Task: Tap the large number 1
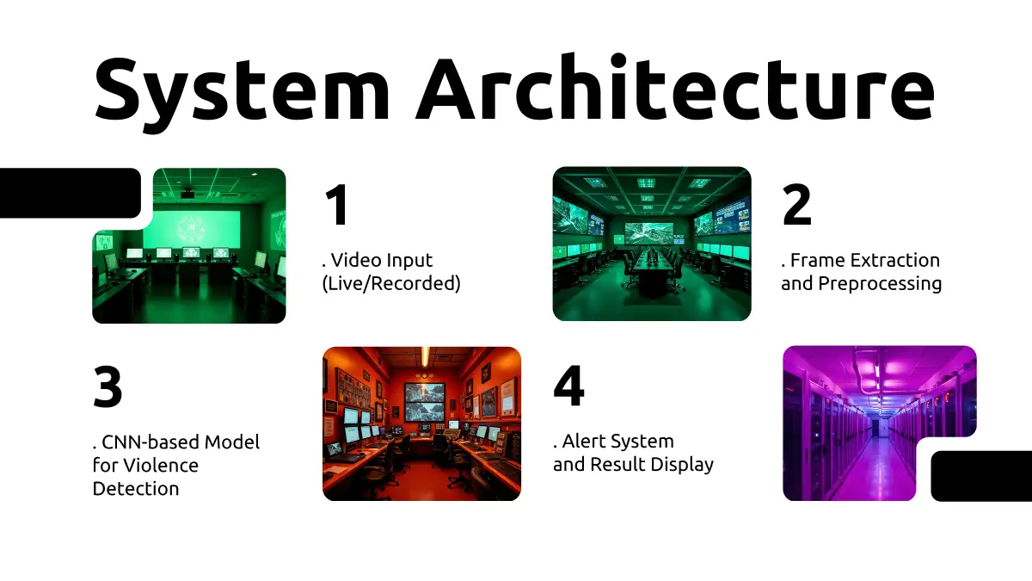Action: pos(337,204)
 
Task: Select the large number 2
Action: pos(796,204)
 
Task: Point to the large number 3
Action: pos(107,386)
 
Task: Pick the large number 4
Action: pos(569,386)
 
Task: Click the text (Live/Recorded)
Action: pos(391,283)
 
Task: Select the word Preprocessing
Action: pos(880,284)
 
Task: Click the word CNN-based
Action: pos(150,442)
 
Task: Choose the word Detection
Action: pos(136,488)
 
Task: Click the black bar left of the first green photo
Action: pos(69,193)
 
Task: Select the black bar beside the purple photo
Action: pos(981,476)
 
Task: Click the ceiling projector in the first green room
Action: pos(187,193)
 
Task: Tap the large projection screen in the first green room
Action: pos(192,229)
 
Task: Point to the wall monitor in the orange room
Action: pos(424,402)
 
